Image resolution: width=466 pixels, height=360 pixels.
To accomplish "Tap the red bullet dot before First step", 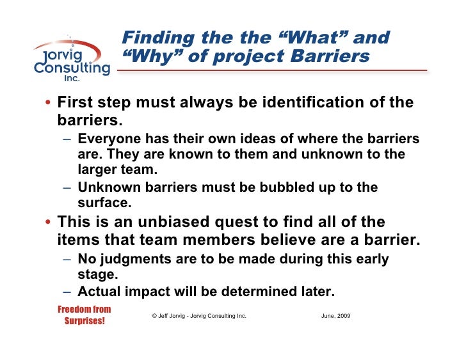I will pos(49,104).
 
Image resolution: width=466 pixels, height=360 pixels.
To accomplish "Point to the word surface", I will pos(104,203).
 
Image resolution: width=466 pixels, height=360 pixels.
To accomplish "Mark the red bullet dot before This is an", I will pos(49,224).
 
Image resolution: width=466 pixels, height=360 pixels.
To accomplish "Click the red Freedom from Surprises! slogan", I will pos(84,315).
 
